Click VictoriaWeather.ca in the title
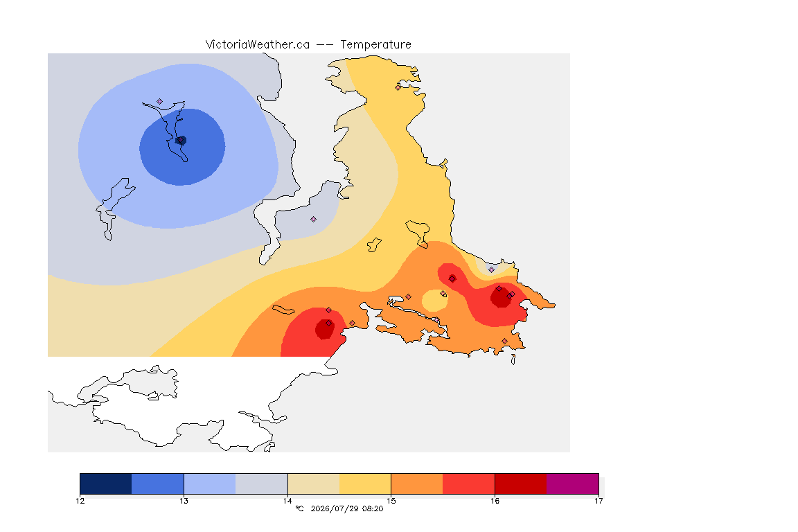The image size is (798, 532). tap(258, 45)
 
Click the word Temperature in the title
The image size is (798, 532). tap(375, 45)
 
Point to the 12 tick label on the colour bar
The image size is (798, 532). tap(80, 501)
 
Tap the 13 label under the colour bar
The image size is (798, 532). tap(184, 501)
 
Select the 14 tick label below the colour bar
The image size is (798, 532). tap(287, 501)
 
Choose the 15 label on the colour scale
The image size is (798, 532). tap(391, 501)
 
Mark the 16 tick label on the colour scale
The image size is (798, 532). tap(495, 501)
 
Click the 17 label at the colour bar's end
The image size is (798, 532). tap(598, 501)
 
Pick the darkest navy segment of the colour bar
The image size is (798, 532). tap(106, 484)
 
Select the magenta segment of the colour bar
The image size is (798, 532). tap(573, 484)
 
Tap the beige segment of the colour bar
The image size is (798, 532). tap(314, 484)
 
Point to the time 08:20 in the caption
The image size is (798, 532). tap(373, 508)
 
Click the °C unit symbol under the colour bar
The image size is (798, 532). tap(299, 508)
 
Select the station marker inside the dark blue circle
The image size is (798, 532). tap(181, 140)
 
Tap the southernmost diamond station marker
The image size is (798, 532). tap(504, 341)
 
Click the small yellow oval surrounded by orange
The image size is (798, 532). tap(434, 301)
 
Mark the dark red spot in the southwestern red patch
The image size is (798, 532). tap(324, 329)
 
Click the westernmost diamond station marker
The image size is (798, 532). tap(160, 102)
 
